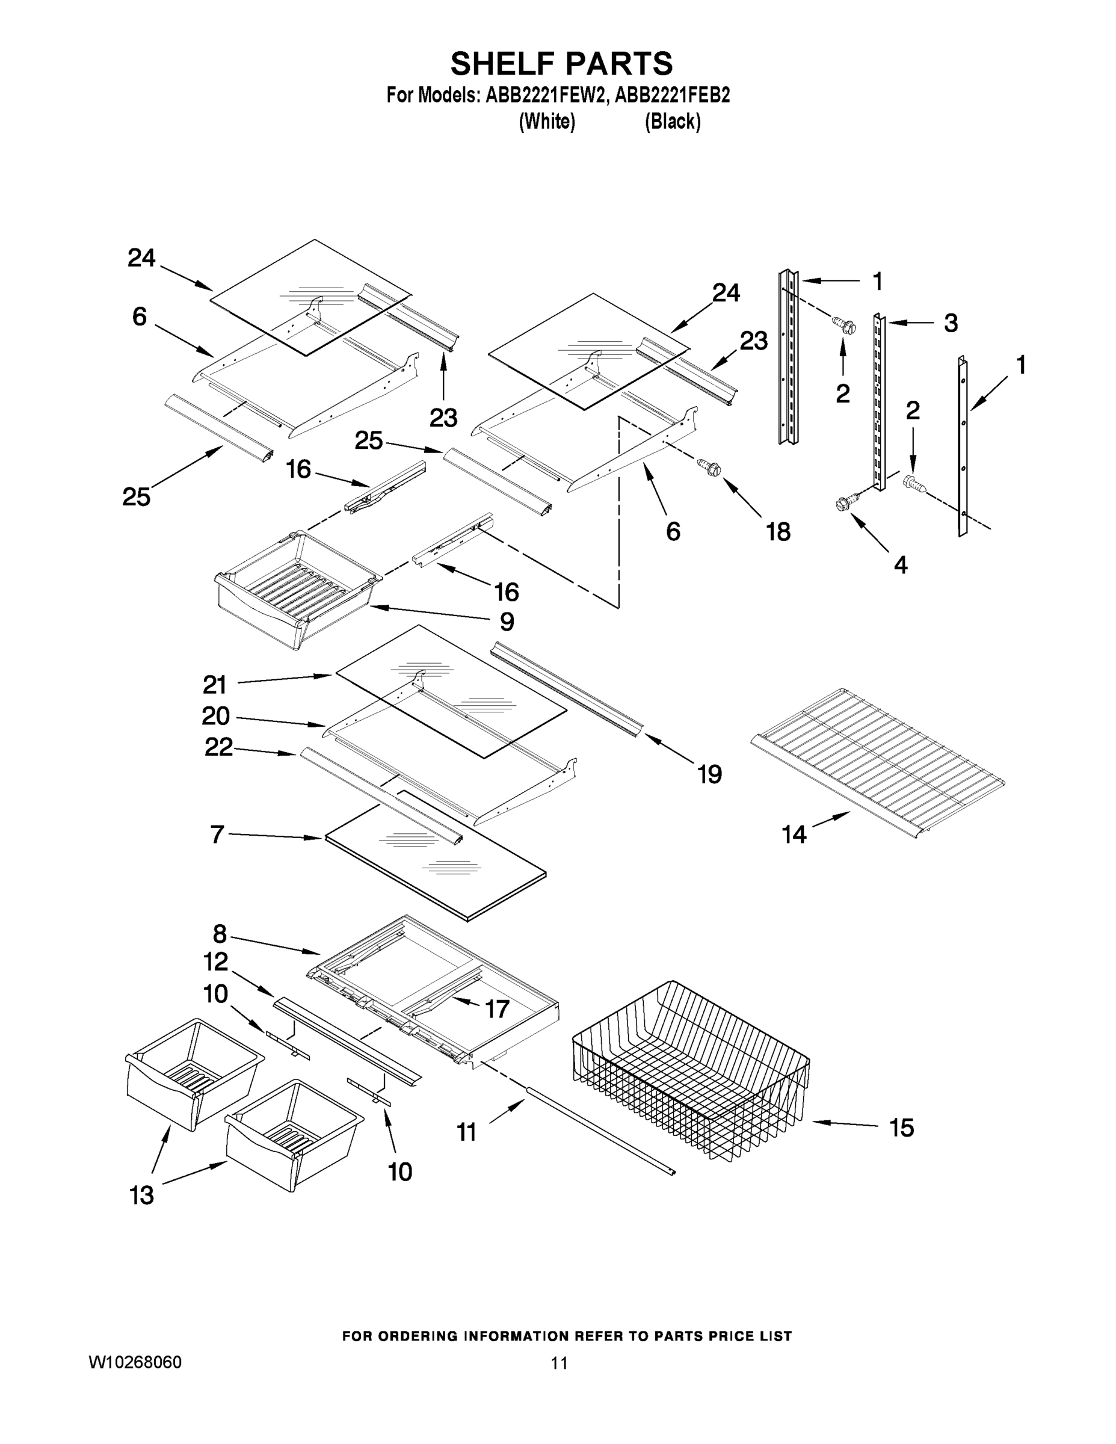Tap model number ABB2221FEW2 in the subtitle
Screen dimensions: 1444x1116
(546, 95)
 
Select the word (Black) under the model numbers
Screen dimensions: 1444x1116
(673, 122)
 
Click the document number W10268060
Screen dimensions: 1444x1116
(135, 1363)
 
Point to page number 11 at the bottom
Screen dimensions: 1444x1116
(560, 1363)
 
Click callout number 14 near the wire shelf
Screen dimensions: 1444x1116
(794, 835)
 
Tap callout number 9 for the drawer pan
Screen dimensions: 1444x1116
(507, 622)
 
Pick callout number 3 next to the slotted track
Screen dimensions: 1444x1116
(950, 323)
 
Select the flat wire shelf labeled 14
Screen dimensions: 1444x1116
(880, 761)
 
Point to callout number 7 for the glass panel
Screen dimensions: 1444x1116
(217, 835)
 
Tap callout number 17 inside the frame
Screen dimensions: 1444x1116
(497, 1008)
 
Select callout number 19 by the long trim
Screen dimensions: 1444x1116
(709, 774)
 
